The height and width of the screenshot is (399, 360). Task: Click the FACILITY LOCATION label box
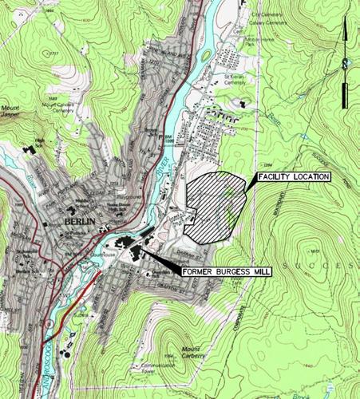(291, 176)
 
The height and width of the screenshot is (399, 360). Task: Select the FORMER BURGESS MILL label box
(227, 272)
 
